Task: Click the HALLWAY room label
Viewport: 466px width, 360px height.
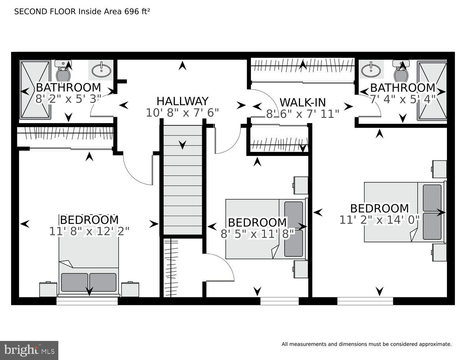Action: coord(182,101)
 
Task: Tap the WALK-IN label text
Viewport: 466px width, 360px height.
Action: coord(303,102)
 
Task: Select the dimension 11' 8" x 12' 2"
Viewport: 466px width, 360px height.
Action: coord(89,231)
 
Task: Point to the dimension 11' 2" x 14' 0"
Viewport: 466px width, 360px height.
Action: coord(380,220)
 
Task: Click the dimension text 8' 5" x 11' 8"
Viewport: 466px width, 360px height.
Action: coord(257,234)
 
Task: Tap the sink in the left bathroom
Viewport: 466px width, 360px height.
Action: coord(101,70)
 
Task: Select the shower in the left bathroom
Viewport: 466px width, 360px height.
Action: coord(35,90)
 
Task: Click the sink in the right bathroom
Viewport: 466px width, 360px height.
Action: coord(371,70)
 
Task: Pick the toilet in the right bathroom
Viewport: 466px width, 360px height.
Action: coord(401,73)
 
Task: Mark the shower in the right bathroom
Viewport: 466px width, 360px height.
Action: coord(432,90)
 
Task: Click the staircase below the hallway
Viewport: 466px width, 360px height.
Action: coord(183,180)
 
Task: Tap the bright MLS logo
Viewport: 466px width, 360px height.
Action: coord(29,350)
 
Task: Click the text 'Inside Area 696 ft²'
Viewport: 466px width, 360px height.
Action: coord(114,12)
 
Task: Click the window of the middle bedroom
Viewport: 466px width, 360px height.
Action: coord(279,301)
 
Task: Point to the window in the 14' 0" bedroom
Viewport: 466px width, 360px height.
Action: coord(365,301)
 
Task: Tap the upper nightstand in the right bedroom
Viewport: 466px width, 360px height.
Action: coord(439,169)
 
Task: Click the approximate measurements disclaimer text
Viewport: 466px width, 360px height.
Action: coord(366,344)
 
